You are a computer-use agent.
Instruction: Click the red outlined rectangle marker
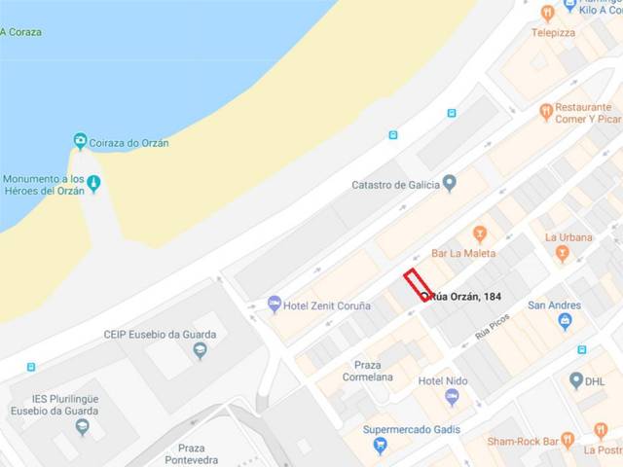coord(418,284)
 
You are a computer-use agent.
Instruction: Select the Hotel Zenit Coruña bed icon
coord(275,305)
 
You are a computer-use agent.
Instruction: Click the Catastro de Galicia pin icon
coord(449,183)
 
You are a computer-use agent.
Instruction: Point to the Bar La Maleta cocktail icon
coord(479,233)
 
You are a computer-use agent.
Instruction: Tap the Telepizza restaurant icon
coord(547,13)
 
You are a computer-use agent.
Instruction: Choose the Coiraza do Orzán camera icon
coord(81,142)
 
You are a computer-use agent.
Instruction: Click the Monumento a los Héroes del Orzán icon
coord(93,183)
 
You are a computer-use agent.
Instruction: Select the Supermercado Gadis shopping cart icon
coord(381,446)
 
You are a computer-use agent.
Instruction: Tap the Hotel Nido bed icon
coord(452,397)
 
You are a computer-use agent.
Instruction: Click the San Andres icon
coord(565,321)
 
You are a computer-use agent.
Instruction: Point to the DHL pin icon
coord(576,380)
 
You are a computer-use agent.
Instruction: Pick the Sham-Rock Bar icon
coord(568,440)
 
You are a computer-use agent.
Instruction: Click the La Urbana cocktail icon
coord(562,253)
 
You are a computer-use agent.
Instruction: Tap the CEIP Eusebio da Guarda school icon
coord(201,351)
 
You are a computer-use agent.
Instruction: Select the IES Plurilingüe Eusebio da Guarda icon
coord(82,426)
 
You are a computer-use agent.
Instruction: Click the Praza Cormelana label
coord(367,371)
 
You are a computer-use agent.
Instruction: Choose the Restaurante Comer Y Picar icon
coord(546,112)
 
